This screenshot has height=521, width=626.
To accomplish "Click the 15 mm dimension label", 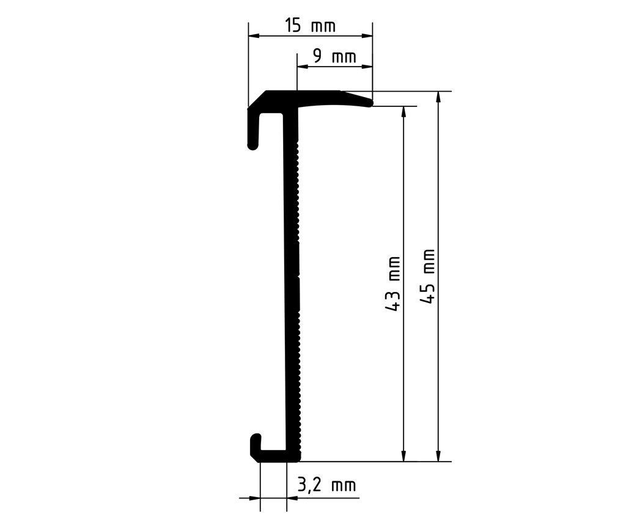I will click(x=310, y=26).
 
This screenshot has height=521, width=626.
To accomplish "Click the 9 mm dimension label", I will click(x=334, y=57).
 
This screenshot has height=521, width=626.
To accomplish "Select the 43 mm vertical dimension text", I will click(x=394, y=283).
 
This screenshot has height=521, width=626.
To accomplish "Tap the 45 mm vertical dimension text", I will click(x=429, y=276).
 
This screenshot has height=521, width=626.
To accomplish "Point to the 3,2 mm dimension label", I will click(x=326, y=486).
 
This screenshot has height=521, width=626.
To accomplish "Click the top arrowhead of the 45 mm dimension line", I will click(x=438, y=97).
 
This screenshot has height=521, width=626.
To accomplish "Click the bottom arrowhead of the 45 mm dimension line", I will click(x=438, y=456).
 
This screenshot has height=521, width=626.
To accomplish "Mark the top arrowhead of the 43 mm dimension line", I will click(x=403, y=111).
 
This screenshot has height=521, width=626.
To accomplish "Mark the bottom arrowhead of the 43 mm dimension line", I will click(x=403, y=456).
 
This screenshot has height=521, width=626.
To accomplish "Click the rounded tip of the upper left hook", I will click(x=252, y=146).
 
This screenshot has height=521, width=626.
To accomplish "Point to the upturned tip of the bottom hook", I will click(x=256, y=437).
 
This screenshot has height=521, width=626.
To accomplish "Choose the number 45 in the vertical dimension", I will click(x=429, y=294).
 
